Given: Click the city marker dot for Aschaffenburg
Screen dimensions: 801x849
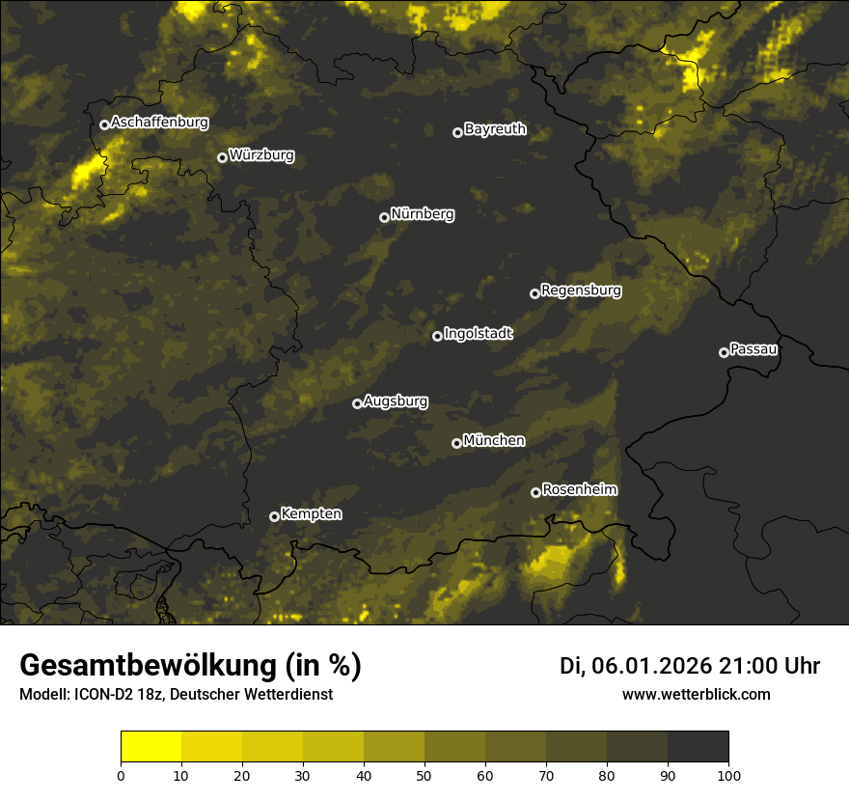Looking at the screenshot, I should coord(104,124).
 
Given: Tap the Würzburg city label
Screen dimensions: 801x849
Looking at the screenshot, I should coord(261,155).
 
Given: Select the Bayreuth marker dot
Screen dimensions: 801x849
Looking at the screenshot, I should coord(457,132).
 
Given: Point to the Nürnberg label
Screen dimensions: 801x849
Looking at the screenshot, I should coord(423,214).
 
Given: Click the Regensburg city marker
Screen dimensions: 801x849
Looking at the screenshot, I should coord(534,293).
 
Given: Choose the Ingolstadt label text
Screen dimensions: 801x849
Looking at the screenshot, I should coord(479,334).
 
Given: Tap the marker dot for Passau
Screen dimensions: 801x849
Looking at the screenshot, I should coord(724,352).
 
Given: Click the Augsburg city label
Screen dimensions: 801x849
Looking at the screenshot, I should coord(396,401).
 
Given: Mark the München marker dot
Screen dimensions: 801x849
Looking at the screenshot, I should coord(456,443).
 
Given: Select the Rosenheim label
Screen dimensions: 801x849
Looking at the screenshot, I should coord(579,489).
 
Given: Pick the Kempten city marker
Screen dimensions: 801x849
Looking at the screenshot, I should coord(274,516).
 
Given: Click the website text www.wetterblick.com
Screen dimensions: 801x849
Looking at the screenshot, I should coord(697,694).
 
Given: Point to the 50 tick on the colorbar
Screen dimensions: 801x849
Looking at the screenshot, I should coord(424,774).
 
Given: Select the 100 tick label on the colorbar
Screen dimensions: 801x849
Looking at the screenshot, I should coord(728,774).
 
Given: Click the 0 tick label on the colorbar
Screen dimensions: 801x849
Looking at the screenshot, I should coord(121,774).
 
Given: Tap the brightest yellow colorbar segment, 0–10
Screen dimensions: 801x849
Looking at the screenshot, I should coord(151,747).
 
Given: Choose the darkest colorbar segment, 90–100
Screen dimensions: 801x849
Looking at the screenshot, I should coord(698,747).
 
